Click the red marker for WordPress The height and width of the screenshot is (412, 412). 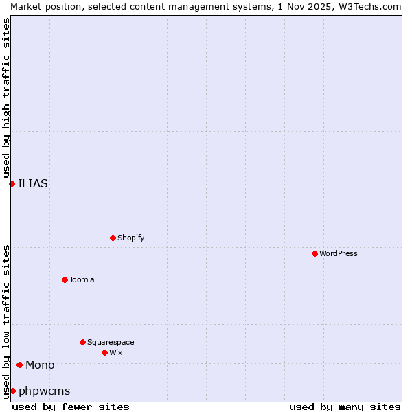[x=314, y=253]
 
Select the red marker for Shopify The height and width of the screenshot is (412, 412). [x=113, y=238]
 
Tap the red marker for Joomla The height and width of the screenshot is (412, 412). [x=65, y=279]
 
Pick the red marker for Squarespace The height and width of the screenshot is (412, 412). [x=82, y=342]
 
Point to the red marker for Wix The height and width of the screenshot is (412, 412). [x=104, y=352]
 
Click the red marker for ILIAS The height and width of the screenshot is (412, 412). [x=12, y=183]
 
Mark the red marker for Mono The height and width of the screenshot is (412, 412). [x=19, y=365]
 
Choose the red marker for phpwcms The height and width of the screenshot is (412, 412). [x=12, y=391]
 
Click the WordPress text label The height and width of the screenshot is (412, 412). [x=339, y=253]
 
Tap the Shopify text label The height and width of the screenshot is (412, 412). [x=131, y=238]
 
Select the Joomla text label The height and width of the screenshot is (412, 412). [x=82, y=279]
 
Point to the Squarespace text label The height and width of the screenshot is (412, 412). [x=111, y=342]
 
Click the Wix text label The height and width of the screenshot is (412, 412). [x=116, y=352]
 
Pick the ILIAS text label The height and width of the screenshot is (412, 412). [x=33, y=183]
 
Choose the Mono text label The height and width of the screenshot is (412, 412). [x=40, y=365]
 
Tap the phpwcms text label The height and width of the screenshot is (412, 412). [x=45, y=391]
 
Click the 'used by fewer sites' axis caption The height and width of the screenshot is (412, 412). [x=71, y=407]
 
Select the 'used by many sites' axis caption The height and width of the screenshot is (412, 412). [x=345, y=407]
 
